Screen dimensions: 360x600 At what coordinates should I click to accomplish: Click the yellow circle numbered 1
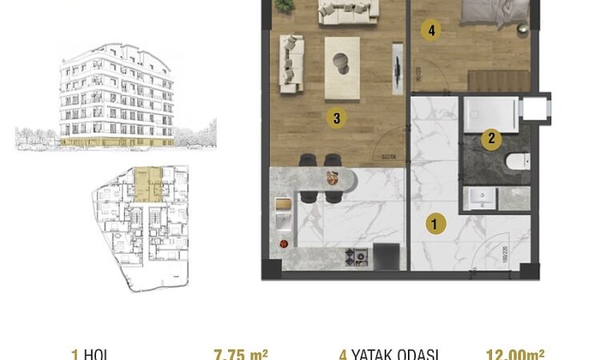coord(434,225)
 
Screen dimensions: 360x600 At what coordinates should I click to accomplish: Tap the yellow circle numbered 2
coord(491,138)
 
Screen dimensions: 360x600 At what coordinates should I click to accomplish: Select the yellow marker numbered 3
coord(337,118)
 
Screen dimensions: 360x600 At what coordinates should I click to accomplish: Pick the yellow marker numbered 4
coord(432,31)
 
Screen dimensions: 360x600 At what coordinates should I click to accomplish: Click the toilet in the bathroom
coord(517,162)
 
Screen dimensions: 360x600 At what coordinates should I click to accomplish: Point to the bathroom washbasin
coord(481,198)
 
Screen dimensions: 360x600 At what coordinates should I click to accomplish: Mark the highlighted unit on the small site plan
coord(147,182)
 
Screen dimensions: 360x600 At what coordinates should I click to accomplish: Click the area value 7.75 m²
coord(241,353)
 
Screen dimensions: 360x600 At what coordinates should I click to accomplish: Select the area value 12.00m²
coord(516,353)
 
